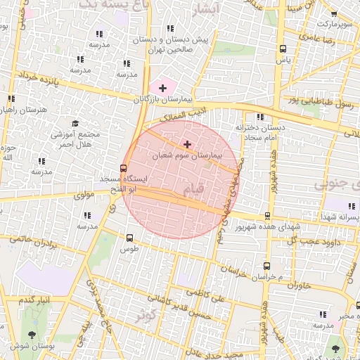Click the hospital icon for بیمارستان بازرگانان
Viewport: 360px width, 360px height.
click(x=163, y=88)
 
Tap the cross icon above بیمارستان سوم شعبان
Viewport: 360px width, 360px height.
click(x=186, y=143)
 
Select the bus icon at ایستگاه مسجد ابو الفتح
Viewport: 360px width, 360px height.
click(x=124, y=169)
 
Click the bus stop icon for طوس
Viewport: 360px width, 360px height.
click(x=129, y=238)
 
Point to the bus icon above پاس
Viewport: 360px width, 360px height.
click(x=283, y=49)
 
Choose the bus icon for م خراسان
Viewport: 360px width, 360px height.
click(x=266, y=266)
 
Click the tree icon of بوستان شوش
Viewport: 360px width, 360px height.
click(x=31, y=335)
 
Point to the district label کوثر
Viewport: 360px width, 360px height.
click(x=145, y=314)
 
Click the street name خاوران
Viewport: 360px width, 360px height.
click(x=298, y=285)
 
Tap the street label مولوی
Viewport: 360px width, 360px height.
click(x=83, y=193)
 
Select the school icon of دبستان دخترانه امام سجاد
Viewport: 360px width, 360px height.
click(x=261, y=117)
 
